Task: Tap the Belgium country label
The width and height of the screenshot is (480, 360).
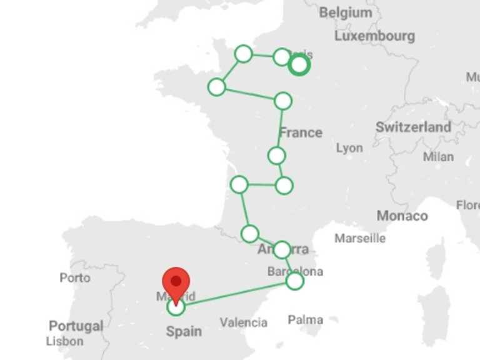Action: (x=345, y=12)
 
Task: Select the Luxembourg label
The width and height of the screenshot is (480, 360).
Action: (x=374, y=36)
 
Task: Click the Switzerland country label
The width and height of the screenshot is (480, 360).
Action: (x=413, y=127)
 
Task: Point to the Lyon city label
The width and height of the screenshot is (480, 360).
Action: (x=349, y=148)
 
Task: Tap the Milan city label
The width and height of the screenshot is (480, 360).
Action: (x=438, y=156)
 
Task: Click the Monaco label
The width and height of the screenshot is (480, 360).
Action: (x=402, y=216)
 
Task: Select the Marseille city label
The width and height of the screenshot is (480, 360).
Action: (x=360, y=238)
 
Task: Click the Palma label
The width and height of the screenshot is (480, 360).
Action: (x=306, y=320)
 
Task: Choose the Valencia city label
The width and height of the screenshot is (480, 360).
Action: (x=243, y=322)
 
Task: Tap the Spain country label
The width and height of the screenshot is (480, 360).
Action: (x=184, y=331)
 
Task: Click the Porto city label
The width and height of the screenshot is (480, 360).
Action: (x=75, y=277)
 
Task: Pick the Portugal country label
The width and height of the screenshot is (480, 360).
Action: (x=76, y=326)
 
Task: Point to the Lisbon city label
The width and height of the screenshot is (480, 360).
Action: (x=64, y=341)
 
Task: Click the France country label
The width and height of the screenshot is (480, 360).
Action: (x=301, y=132)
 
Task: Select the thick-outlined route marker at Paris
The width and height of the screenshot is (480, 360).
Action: (x=300, y=64)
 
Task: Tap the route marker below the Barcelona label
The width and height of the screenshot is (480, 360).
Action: (x=295, y=281)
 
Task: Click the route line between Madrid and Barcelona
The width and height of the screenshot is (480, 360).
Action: (x=237, y=293)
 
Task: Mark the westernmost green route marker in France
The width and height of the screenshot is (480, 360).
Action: (x=216, y=87)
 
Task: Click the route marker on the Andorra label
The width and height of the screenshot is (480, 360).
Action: (x=282, y=250)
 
